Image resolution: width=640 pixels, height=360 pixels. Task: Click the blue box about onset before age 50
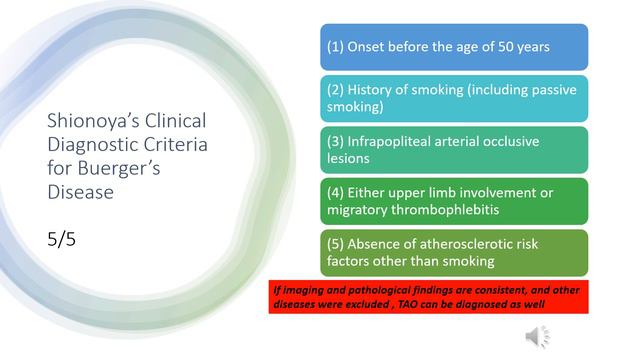(x=453, y=46)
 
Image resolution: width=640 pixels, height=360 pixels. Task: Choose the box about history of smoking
(x=453, y=97)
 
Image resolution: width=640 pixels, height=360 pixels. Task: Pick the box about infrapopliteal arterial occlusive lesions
(x=453, y=149)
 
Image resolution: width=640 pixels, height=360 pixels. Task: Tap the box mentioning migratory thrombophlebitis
(x=453, y=200)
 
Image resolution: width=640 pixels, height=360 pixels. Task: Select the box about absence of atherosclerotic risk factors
(x=453, y=252)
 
